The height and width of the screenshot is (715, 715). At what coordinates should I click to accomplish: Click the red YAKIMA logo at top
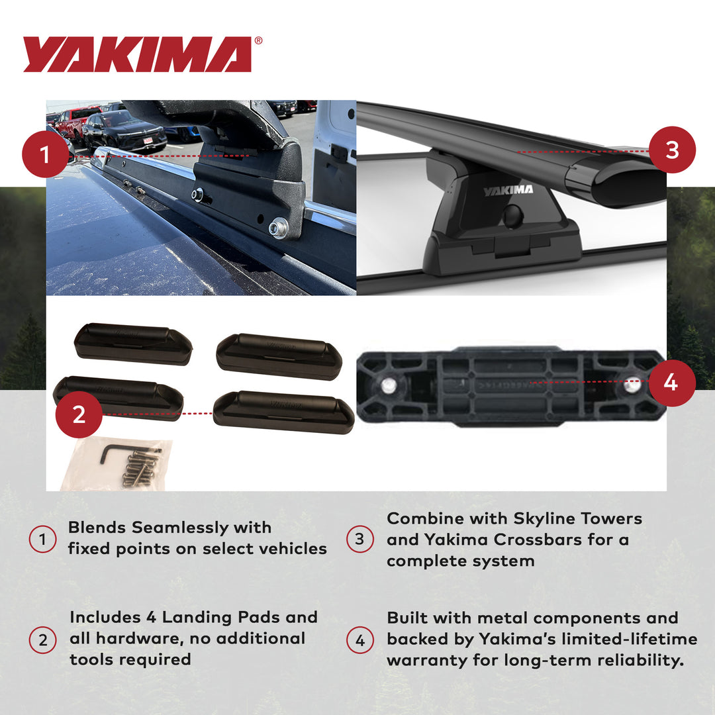pos(137,54)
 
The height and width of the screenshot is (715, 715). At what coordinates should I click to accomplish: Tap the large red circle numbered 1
pos(44,156)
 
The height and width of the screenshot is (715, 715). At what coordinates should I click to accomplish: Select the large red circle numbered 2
pos(79,414)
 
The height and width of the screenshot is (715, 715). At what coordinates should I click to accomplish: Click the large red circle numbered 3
pos(672,150)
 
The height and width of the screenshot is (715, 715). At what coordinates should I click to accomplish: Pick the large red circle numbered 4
pos(671,383)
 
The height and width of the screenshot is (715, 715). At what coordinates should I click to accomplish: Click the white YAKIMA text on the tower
pos(508,191)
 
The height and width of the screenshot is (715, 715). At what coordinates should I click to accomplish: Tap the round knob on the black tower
pos(512,215)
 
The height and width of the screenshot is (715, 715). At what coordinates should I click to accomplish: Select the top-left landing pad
pos(133,342)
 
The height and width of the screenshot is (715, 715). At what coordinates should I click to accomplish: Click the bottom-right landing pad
pos(284,411)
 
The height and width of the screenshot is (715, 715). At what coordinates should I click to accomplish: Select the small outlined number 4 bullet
pos(360,640)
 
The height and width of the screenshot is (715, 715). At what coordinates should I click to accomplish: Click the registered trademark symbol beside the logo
pos(258,41)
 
